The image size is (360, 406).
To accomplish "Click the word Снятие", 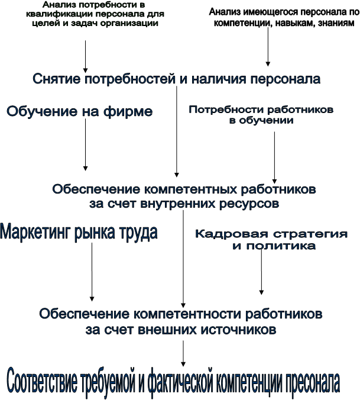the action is [56, 79].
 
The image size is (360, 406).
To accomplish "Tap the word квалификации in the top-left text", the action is [56, 14].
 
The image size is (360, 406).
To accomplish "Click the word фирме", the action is [128, 112].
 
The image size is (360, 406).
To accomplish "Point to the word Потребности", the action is [226, 110].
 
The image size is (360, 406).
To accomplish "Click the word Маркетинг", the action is [35, 232].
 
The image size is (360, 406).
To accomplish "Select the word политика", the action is [281, 246].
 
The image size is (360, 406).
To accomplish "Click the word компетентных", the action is [190, 189].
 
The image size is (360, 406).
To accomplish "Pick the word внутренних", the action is [178, 204].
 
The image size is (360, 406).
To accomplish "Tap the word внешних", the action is [168, 330].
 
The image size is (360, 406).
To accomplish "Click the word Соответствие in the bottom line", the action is [42, 383].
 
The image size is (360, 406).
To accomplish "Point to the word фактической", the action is [180, 383].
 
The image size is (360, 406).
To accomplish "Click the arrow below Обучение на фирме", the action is [85, 145].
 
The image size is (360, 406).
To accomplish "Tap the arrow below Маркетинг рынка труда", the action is [92, 272].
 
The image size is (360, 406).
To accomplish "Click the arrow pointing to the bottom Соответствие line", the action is [183, 353].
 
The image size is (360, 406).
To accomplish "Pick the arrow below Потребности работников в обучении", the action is [274, 157].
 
